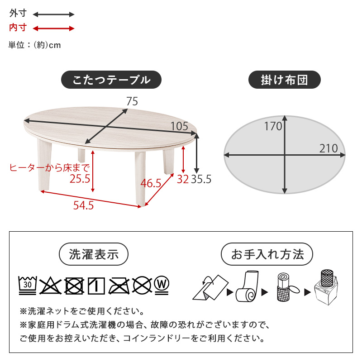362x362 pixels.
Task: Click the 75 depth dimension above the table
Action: (132, 101)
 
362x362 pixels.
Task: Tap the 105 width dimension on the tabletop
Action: (179, 126)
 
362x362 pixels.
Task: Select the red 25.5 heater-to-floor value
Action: (80, 179)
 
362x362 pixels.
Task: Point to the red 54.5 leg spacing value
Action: (84, 205)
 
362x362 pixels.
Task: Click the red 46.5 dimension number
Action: (151, 183)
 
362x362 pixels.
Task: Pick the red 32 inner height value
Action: (183, 179)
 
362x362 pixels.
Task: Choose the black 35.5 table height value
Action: (201, 179)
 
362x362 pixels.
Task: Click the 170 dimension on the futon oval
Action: (273, 126)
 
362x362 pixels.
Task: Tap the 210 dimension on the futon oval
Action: (329, 148)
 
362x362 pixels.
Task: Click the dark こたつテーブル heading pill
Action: (111, 80)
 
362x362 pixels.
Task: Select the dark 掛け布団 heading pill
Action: (285, 80)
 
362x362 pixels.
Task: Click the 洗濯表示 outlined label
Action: (94, 254)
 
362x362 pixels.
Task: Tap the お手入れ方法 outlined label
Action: (267, 254)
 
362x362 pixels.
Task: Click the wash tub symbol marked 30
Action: (28, 286)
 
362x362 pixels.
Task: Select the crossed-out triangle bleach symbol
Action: (51, 286)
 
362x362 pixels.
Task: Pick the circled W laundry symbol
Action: (162, 285)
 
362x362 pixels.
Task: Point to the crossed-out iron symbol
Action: (119, 286)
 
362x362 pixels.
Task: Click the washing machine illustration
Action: (326, 288)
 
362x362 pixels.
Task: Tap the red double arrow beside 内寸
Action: (53, 29)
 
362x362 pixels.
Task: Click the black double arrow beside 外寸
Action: (53, 14)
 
